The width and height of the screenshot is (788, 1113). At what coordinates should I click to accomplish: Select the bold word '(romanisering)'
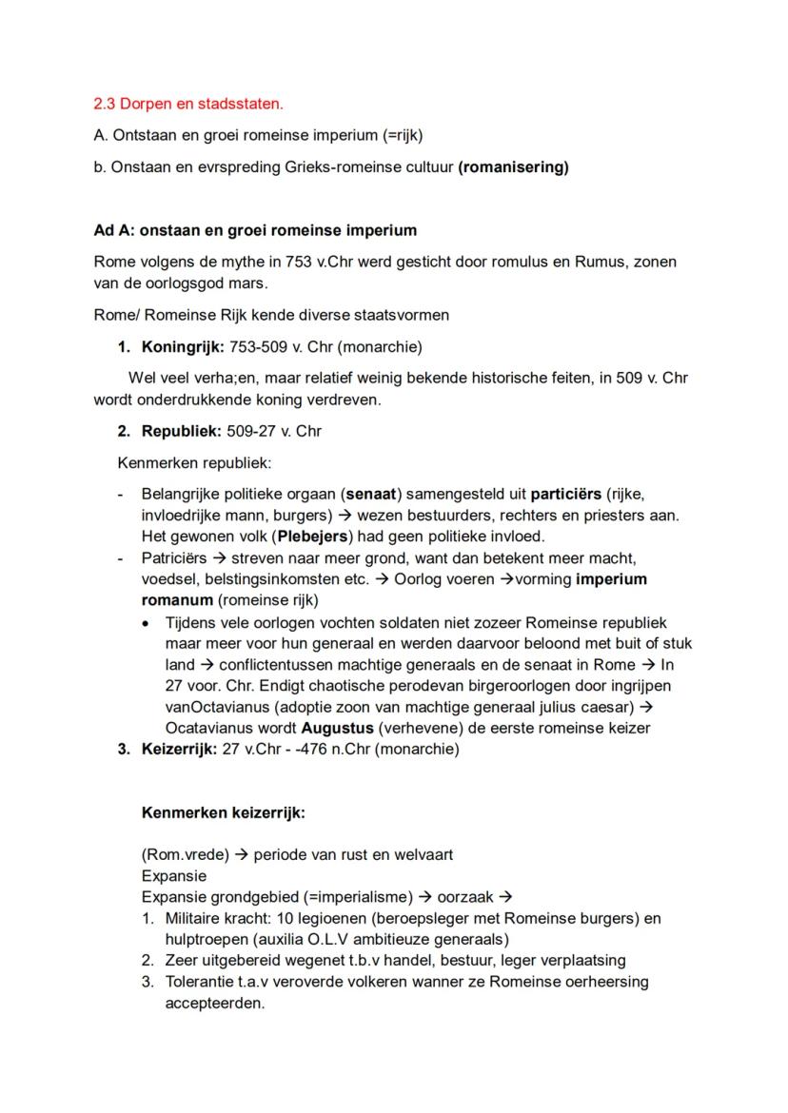pyautogui.click(x=513, y=167)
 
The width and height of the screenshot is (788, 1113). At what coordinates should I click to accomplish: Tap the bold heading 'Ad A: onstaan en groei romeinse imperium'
pyautogui.click(x=255, y=230)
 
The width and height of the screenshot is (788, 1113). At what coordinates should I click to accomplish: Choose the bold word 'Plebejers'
pyautogui.click(x=312, y=537)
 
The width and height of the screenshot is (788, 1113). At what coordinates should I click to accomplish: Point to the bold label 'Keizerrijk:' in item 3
pyautogui.click(x=179, y=749)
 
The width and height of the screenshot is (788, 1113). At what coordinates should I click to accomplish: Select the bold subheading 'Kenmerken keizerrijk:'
pyautogui.click(x=223, y=813)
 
